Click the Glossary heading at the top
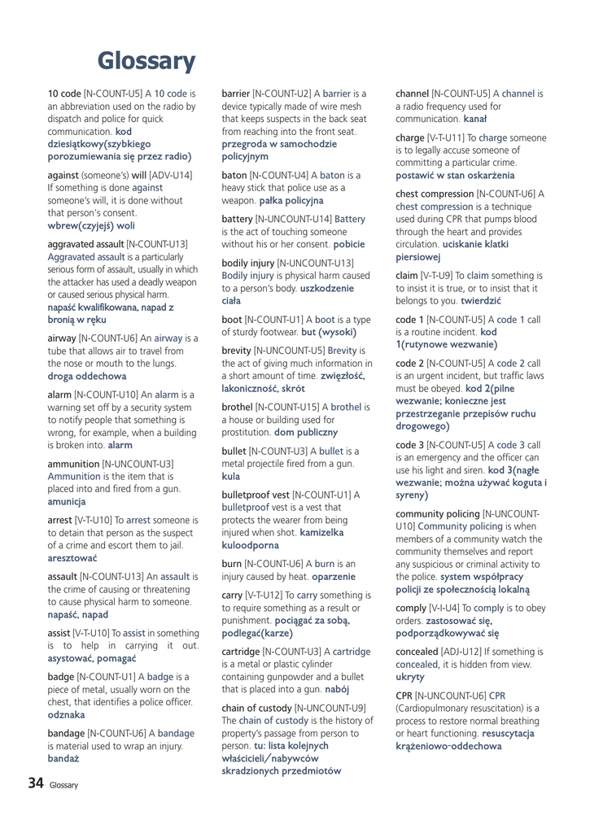[x=146, y=61]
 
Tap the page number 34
[x=35, y=783]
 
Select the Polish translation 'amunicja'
[x=67, y=502]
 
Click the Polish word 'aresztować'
[x=72, y=558]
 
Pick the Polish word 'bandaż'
[x=63, y=758]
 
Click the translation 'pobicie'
[x=349, y=244]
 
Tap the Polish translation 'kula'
[x=231, y=476]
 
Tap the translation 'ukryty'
[x=410, y=676]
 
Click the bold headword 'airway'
[x=63, y=338]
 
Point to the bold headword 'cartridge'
[x=243, y=652]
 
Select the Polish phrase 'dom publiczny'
[x=305, y=432]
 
